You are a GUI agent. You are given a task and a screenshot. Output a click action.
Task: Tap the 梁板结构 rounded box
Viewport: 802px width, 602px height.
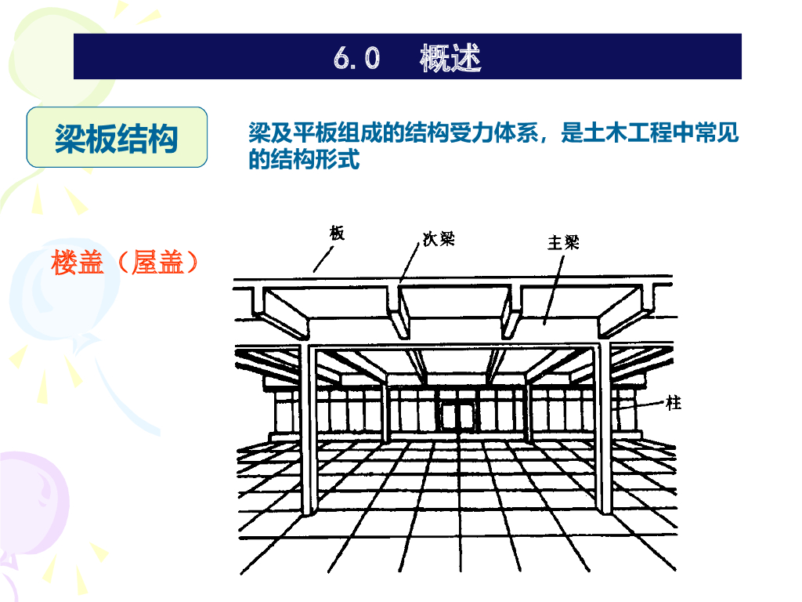117,138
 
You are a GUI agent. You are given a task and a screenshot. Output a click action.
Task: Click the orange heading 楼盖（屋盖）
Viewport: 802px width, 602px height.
125,263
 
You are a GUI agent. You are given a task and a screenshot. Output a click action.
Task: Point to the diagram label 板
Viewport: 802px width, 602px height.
337,232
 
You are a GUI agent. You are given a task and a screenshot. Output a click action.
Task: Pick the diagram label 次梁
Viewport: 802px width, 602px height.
439,239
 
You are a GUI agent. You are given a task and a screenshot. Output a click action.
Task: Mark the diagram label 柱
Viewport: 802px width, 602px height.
673,404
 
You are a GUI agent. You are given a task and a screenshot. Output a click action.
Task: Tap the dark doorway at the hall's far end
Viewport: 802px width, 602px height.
456,415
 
